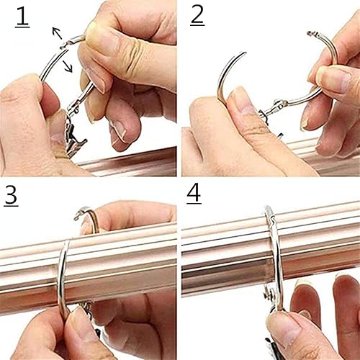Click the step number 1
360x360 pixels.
pos(22,17)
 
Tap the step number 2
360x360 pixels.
pos(197,16)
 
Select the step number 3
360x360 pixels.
pos(11,195)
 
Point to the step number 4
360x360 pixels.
pos(194,194)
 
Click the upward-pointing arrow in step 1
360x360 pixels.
pos(57,33)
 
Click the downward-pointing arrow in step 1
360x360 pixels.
pos(68,66)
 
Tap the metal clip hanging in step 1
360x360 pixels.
pos(74,138)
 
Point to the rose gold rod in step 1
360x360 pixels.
pos(127,163)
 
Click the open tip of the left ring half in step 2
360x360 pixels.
pos(244,53)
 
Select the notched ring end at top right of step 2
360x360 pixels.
pos(312,34)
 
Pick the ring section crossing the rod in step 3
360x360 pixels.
pos(63,276)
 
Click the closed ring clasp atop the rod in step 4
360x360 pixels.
pos(272,219)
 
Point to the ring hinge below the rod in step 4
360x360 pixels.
pos(269,295)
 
